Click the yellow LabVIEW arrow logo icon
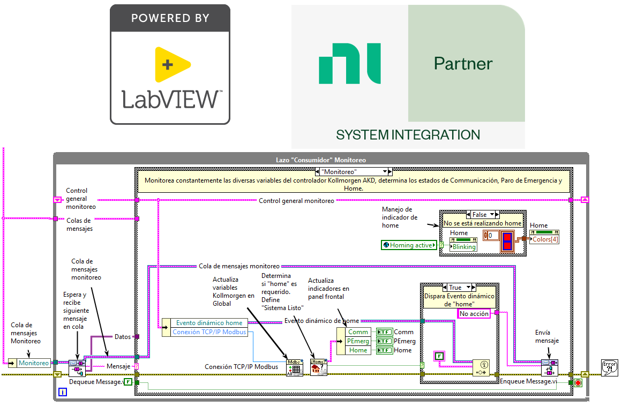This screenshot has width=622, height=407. (x=172, y=64)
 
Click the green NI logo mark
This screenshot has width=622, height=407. (x=349, y=64)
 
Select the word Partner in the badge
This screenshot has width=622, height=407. (x=463, y=64)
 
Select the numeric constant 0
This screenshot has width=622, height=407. (x=490, y=235)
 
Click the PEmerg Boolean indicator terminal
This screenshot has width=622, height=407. (x=384, y=341)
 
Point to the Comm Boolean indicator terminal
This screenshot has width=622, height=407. (x=384, y=332)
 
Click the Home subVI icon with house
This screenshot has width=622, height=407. (x=318, y=368)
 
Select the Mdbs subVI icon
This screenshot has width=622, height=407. (x=294, y=368)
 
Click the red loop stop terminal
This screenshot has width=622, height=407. (x=578, y=383)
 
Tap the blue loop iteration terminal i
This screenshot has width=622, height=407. (x=63, y=393)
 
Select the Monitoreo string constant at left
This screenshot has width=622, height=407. (x=33, y=363)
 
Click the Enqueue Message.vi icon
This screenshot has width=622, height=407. (x=550, y=368)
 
